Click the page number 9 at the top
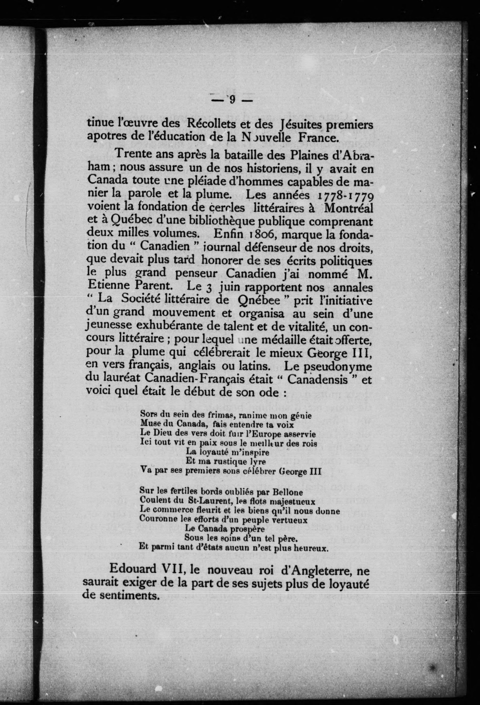pos(232,99)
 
